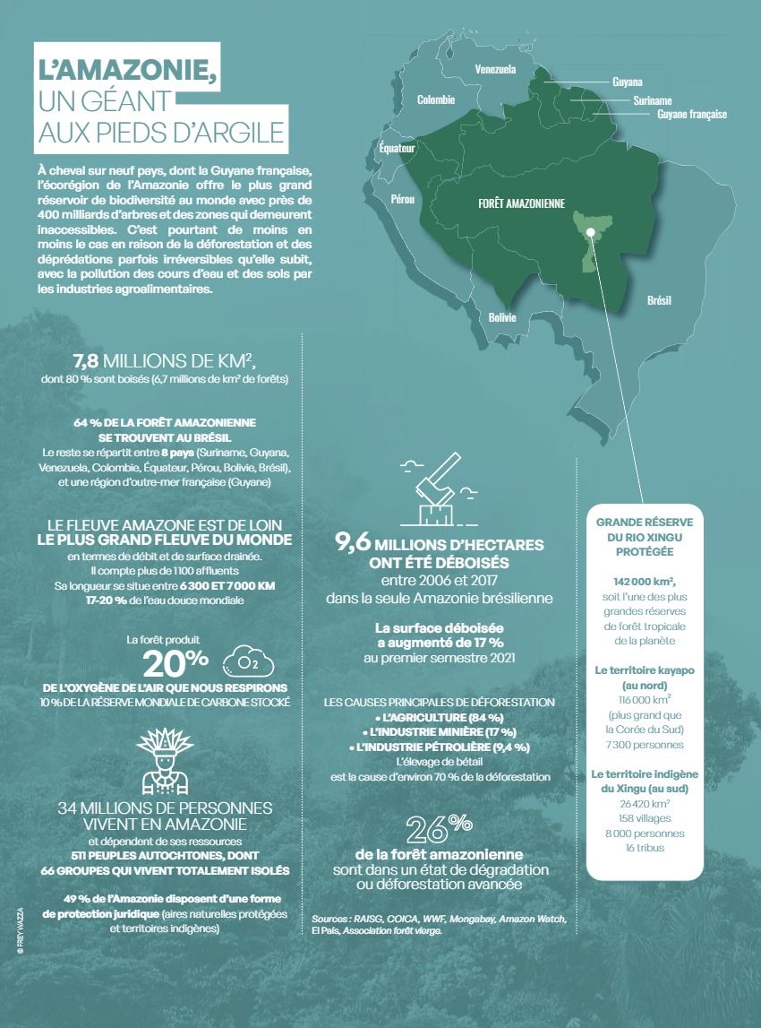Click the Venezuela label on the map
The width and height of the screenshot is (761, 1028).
pos(494,69)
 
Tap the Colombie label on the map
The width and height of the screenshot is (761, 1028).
pos(436,99)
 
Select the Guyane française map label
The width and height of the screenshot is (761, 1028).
pos(691,115)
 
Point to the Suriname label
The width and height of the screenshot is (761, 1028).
pos(652,100)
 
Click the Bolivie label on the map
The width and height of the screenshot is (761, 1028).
pos(502,317)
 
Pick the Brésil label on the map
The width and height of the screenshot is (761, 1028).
pos(659,300)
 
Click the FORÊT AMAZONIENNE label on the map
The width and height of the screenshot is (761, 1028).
pos(520,204)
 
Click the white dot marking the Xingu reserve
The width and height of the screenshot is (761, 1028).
pos(592,236)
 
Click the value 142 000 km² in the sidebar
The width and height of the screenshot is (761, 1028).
pos(644,580)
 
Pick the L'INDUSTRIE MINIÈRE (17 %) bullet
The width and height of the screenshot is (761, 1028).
pos(438,732)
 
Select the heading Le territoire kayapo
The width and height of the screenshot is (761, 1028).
pos(644,669)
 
